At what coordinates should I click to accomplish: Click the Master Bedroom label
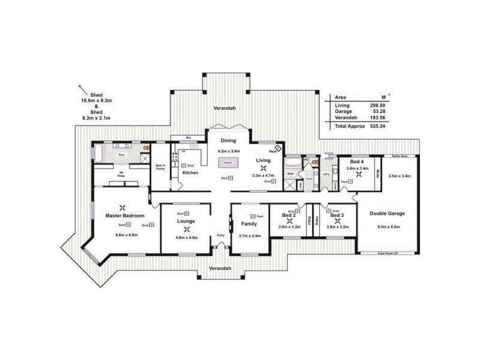pos(124,215)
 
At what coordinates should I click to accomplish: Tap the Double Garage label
pos(387,213)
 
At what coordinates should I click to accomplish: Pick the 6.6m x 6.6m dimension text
pos(127,235)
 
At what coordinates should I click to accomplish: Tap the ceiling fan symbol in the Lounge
pos(186,229)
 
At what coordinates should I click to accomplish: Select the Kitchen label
pos(190,173)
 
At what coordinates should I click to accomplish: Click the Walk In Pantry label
pos(160,167)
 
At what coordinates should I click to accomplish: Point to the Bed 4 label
pos(356,161)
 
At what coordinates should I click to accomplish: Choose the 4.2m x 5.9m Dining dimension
pos(228,151)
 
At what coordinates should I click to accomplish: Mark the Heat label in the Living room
pos(272,151)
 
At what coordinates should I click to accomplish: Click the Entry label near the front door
pos(220,235)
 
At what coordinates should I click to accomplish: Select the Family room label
pos(249,223)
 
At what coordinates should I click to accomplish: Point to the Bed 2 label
pos(289,215)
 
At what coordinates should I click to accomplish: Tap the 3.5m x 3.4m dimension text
pos(399,176)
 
